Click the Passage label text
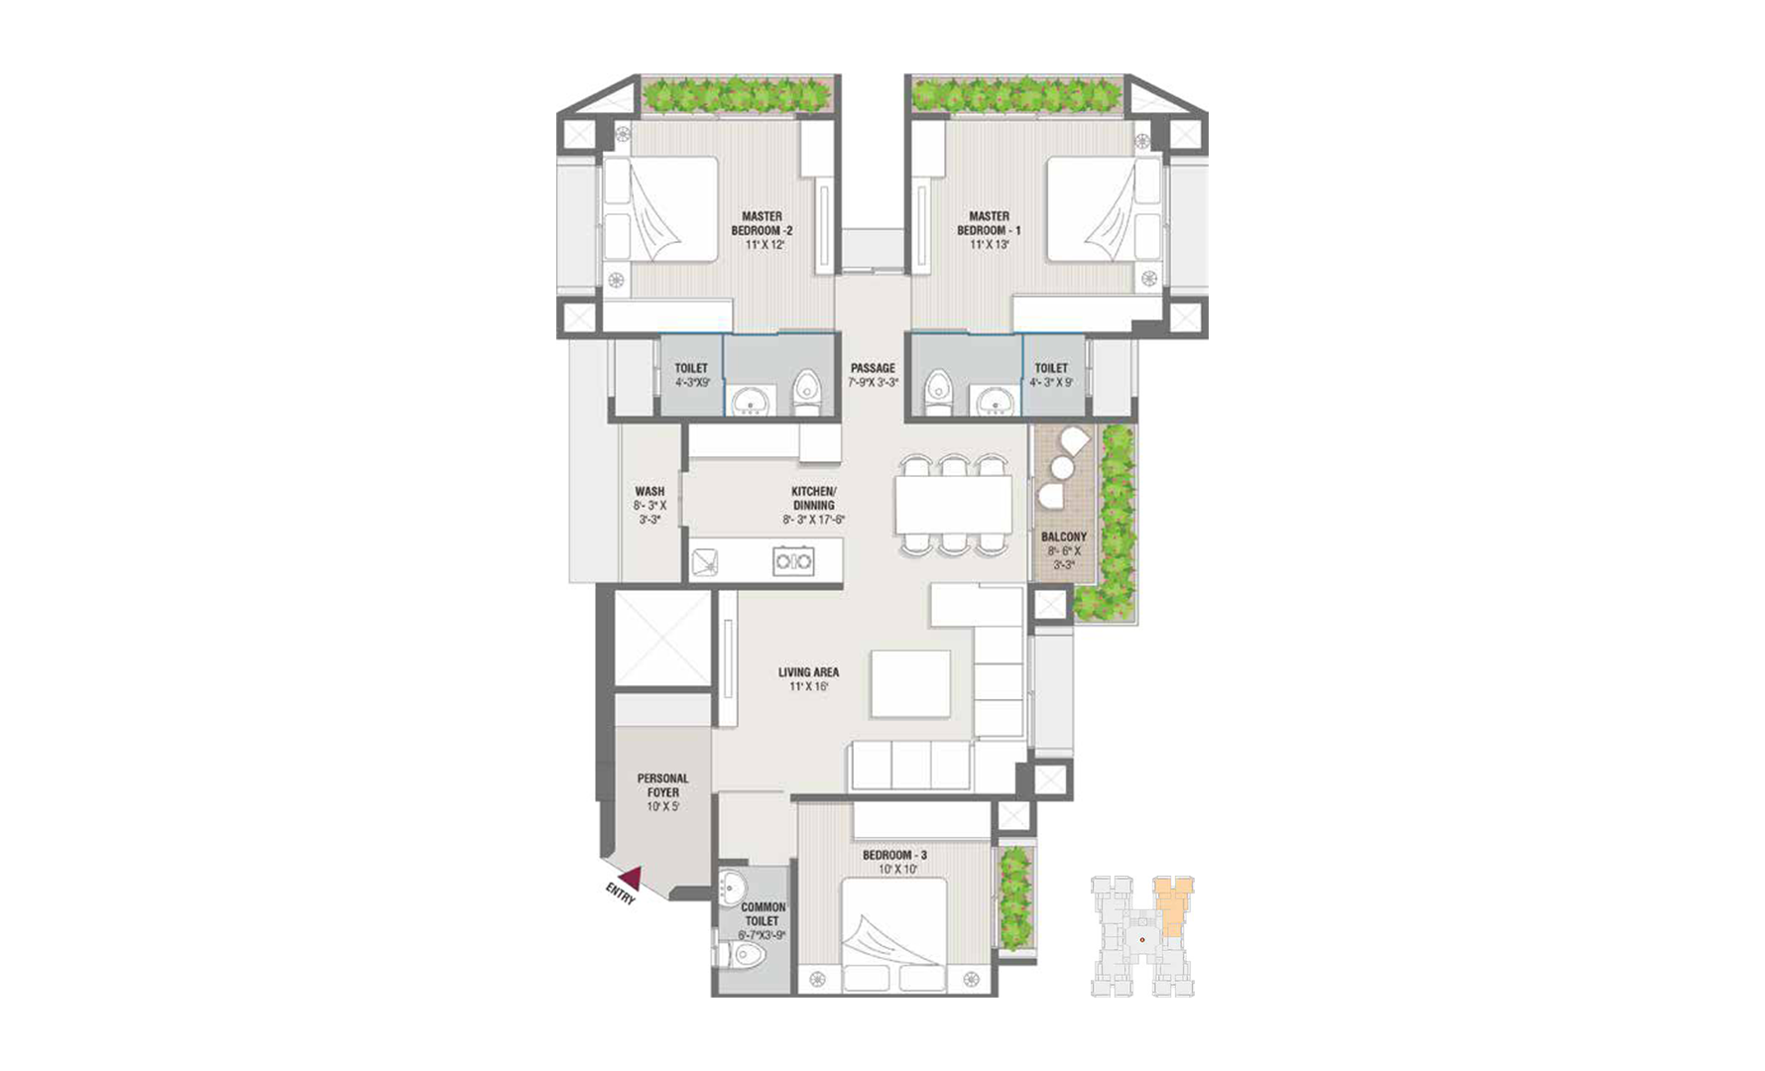point(873,368)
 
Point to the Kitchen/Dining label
point(813,498)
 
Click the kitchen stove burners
point(793,561)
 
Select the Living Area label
point(808,672)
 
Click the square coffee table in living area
point(910,683)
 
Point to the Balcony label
point(1064,536)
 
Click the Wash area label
point(649,491)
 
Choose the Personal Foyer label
point(662,785)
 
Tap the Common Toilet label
point(763,914)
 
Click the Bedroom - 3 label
point(894,855)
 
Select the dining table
point(953,505)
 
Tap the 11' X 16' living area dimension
point(808,686)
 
